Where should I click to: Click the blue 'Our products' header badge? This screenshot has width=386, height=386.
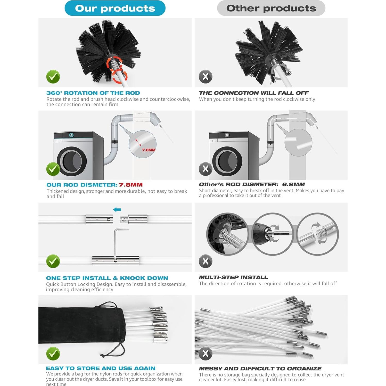click(115, 8)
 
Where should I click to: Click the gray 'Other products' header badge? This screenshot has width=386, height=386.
click(271, 8)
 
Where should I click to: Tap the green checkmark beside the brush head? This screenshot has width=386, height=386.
click(53, 77)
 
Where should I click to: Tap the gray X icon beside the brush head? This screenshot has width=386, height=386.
click(206, 77)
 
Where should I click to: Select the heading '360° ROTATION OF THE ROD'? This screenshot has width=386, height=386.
click(93, 93)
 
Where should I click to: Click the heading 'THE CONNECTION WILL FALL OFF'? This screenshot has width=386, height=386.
click(254, 93)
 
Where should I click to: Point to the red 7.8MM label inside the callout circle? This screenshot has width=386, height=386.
click(149, 150)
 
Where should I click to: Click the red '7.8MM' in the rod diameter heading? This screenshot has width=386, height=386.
click(131, 185)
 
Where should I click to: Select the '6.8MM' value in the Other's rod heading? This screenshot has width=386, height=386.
click(293, 184)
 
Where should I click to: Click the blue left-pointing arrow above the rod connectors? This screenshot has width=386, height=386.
click(117, 210)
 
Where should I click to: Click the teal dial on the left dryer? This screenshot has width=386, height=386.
click(71, 135)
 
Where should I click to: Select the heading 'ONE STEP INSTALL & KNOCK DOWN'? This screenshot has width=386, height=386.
click(107, 278)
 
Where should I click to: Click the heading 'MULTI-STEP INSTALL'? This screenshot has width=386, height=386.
click(233, 277)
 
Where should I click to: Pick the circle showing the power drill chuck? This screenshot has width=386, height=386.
click(272, 234)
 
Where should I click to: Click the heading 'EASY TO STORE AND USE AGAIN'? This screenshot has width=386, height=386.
click(101, 368)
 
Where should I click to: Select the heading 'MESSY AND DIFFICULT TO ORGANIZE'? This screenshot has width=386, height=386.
click(260, 368)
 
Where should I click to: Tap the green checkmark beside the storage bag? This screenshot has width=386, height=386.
click(53, 354)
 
